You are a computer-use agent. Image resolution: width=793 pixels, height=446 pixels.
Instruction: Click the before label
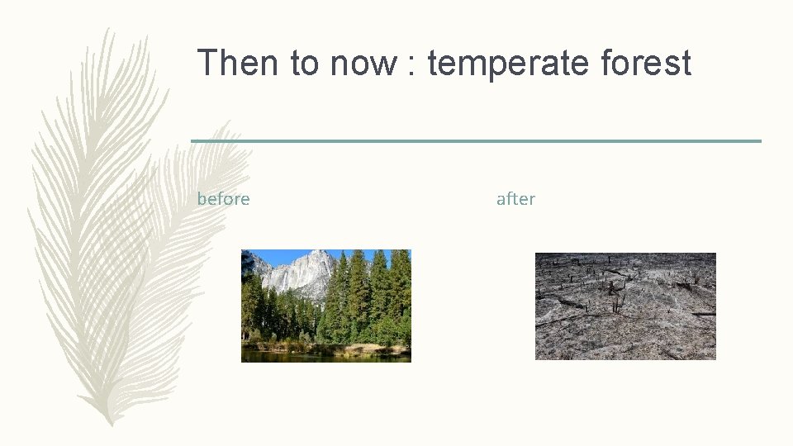(223, 199)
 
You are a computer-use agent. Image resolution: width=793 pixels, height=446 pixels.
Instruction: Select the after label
(515, 199)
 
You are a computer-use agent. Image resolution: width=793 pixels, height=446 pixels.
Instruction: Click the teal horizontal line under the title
(476, 141)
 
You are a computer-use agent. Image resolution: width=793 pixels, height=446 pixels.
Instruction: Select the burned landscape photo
(625, 306)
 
